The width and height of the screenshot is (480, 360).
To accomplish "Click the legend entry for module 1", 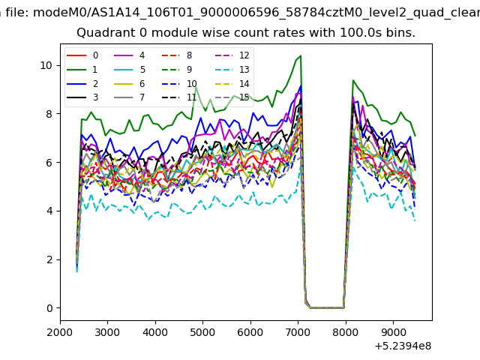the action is [x=82, y=70].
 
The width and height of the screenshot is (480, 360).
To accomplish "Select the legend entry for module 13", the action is [x=227, y=70].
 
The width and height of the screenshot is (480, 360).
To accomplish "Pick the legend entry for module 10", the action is [x=178, y=84].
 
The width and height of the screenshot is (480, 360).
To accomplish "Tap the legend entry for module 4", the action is [x=129, y=55].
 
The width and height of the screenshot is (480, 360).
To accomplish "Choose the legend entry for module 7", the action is [x=129, y=97].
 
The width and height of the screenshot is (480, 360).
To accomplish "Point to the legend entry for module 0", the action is [x=82, y=55].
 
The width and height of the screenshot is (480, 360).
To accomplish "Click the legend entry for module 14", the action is [x=227, y=84].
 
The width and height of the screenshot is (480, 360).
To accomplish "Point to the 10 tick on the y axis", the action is [x=46, y=65].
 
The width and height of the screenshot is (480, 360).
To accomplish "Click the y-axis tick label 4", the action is [x=49, y=211].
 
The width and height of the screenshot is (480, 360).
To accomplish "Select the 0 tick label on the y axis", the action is [x=49, y=308].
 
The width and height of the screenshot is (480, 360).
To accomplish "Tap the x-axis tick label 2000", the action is [x=60, y=332].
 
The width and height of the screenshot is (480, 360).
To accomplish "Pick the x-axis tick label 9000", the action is [x=393, y=332].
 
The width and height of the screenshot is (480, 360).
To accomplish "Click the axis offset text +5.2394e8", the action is [x=403, y=346].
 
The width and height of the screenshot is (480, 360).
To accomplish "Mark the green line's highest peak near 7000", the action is [x=301, y=55].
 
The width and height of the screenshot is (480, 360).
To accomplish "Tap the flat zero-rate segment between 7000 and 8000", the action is [x=327, y=307].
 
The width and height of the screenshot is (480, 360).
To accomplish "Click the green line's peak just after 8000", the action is [x=353, y=80].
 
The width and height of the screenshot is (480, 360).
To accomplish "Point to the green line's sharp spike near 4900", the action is [x=196, y=87].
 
